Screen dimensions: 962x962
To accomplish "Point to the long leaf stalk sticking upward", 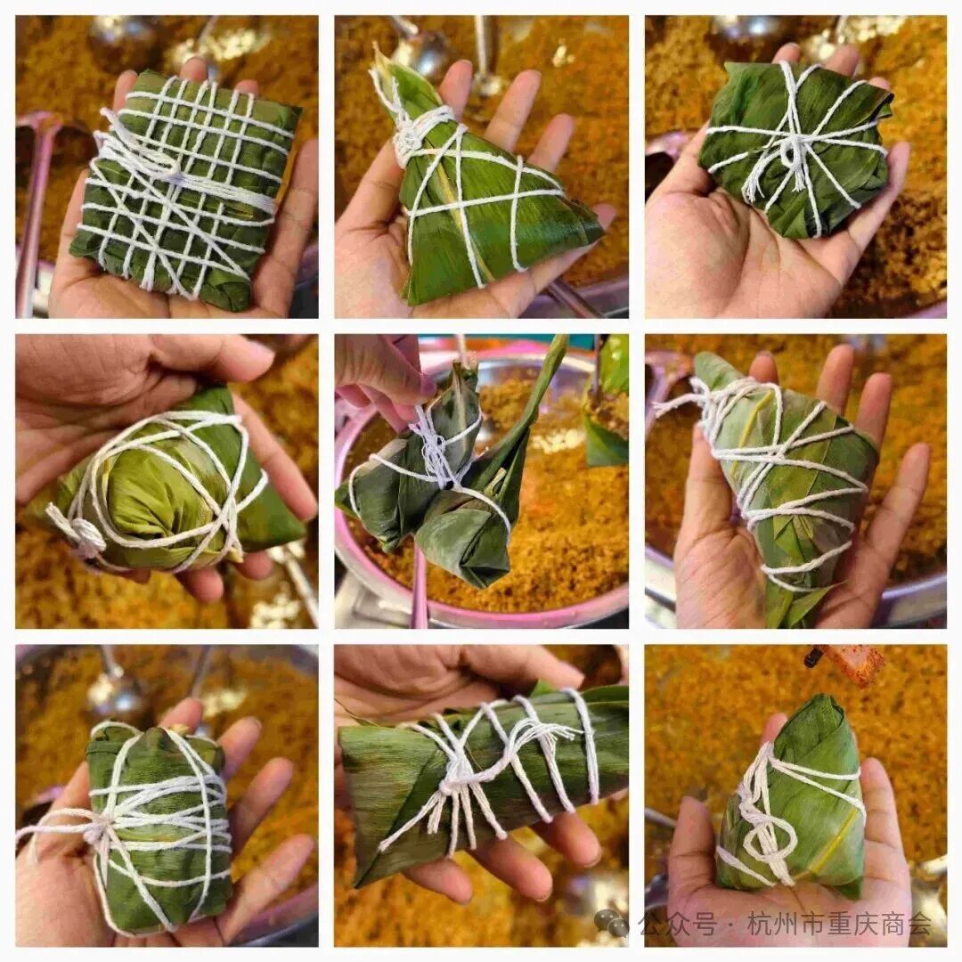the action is click(545, 393).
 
